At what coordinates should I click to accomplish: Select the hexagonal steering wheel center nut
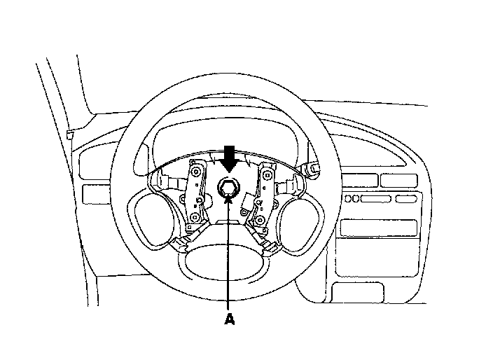click(229, 187)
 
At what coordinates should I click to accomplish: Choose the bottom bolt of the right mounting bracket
click(260, 221)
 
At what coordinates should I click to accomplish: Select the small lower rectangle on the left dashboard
click(91, 193)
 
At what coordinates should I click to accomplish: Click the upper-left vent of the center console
click(361, 179)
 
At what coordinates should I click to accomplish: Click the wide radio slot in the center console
click(377, 228)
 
